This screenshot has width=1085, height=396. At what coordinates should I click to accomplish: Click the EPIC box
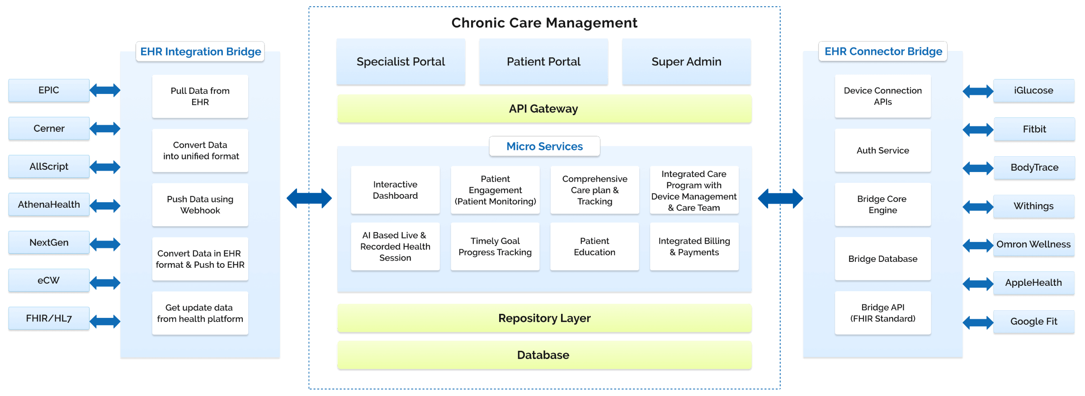click(49, 90)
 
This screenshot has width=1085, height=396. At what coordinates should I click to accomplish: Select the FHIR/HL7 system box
click(49, 318)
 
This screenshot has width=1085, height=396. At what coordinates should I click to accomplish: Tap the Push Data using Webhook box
click(200, 205)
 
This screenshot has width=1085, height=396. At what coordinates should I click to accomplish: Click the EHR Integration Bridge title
click(200, 51)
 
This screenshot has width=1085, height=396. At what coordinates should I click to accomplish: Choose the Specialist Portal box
click(401, 61)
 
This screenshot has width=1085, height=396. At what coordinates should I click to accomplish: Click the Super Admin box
click(686, 61)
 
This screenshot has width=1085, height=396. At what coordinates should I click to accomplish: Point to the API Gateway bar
click(544, 109)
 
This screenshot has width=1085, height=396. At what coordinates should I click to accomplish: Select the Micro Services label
click(544, 146)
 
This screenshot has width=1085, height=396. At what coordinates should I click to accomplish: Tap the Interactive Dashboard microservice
click(395, 190)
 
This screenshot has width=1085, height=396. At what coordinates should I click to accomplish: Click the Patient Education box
click(594, 247)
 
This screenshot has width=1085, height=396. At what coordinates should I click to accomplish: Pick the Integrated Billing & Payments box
click(694, 247)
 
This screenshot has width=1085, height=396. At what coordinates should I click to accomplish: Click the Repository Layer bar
click(544, 318)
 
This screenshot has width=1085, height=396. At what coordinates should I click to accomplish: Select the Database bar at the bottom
click(544, 355)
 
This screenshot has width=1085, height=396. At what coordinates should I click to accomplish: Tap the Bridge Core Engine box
click(882, 205)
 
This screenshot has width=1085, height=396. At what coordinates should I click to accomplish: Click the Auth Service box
click(882, 150)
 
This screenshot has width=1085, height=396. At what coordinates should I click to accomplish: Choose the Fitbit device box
click(1034, 129)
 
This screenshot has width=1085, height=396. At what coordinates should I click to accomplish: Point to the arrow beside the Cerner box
click(105, 129)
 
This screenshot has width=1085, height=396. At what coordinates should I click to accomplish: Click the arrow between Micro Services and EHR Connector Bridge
click(780, 198)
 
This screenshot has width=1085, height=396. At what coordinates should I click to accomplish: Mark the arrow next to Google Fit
click(978, 322)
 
